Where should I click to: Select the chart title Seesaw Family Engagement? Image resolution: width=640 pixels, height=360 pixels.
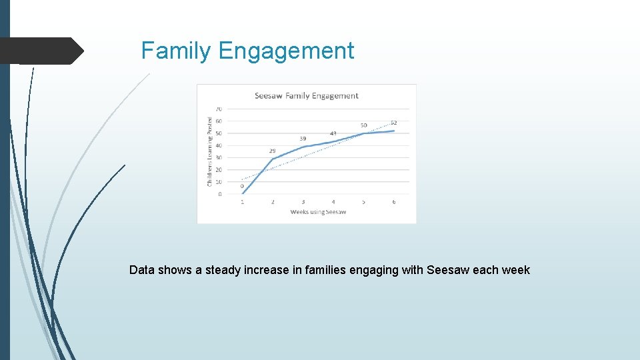tap(306, 96)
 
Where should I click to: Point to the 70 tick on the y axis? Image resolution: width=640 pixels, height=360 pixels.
tap(219, 109)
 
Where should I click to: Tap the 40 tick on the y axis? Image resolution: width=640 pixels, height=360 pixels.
tap(219, 145)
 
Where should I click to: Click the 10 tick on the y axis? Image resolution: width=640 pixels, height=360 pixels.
tap(219, 182)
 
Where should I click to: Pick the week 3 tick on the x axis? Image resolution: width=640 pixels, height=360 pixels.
tap(303, 202)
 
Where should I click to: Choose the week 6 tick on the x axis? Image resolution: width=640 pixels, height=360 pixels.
tap(393, 202)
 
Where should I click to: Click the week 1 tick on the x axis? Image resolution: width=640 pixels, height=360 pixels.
tap(242, 202)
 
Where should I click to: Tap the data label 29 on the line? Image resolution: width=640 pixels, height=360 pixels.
tap(272, 151)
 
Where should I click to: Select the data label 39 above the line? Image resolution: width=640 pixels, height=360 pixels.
tap(303, 139)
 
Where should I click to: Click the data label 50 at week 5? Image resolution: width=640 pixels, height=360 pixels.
tap(363, 125)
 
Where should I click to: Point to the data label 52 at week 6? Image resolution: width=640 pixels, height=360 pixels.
tap(393, 123)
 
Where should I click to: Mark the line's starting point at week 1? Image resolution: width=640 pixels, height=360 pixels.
tap(243, 193)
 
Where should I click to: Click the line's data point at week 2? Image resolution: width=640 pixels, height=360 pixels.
tap(273, 159)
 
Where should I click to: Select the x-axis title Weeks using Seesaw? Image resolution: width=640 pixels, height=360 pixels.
tap(318, 212)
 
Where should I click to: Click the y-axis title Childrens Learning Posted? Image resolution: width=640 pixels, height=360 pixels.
tap(209, 151)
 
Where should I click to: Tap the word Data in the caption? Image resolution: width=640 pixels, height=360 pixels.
tap(141, 270)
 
